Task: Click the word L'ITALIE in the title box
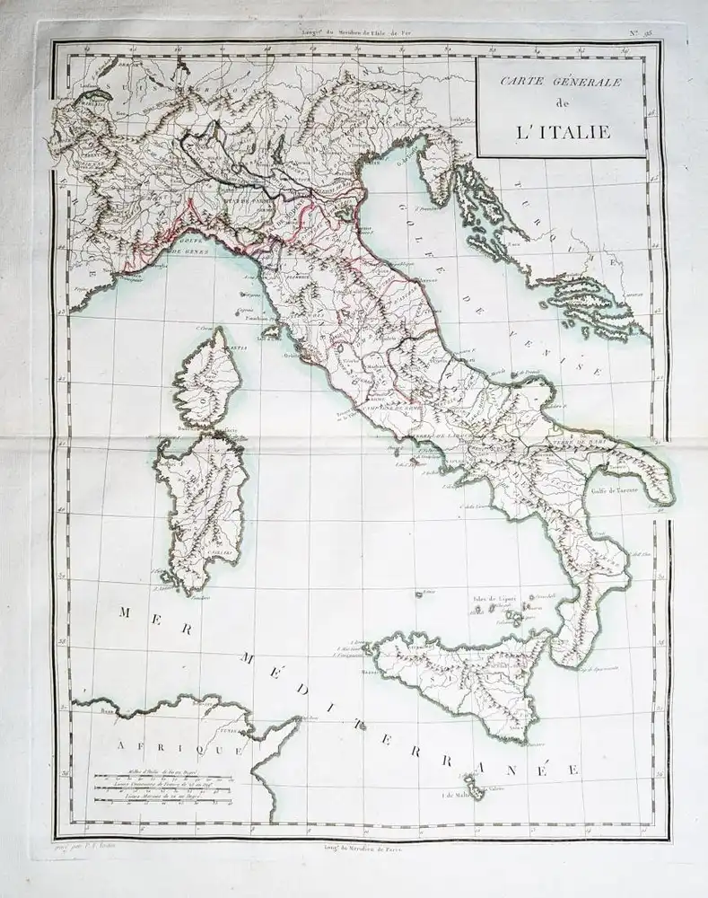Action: pos(564,133)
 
